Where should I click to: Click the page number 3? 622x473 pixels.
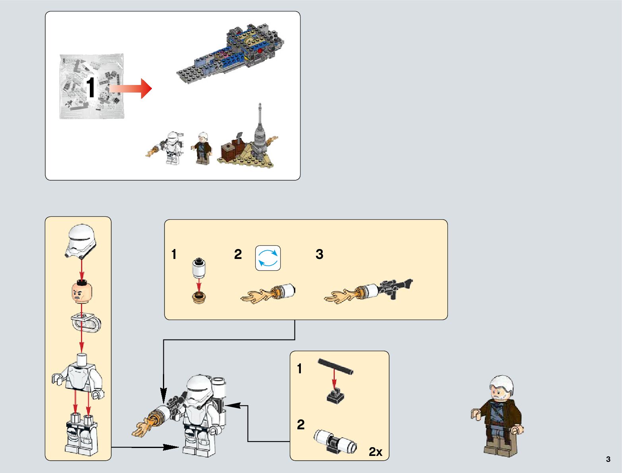tap(608, 459)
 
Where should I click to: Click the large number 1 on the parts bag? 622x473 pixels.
tap(91, 88)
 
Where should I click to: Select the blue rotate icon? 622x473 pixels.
tap(268, 258)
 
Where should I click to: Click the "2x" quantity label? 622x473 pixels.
tap(376, 452)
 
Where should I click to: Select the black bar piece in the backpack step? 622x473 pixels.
tap(335, 366)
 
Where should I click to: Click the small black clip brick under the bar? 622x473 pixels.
tap(335, 396)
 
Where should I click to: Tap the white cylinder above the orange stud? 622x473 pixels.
tap(199, 268)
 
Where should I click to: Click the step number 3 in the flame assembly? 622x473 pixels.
tap(319, 254)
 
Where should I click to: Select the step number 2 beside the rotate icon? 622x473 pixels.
tap(238, 254)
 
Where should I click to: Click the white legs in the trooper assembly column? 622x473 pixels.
tap(81, 437)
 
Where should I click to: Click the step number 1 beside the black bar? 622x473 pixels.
tap(300, 369)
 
